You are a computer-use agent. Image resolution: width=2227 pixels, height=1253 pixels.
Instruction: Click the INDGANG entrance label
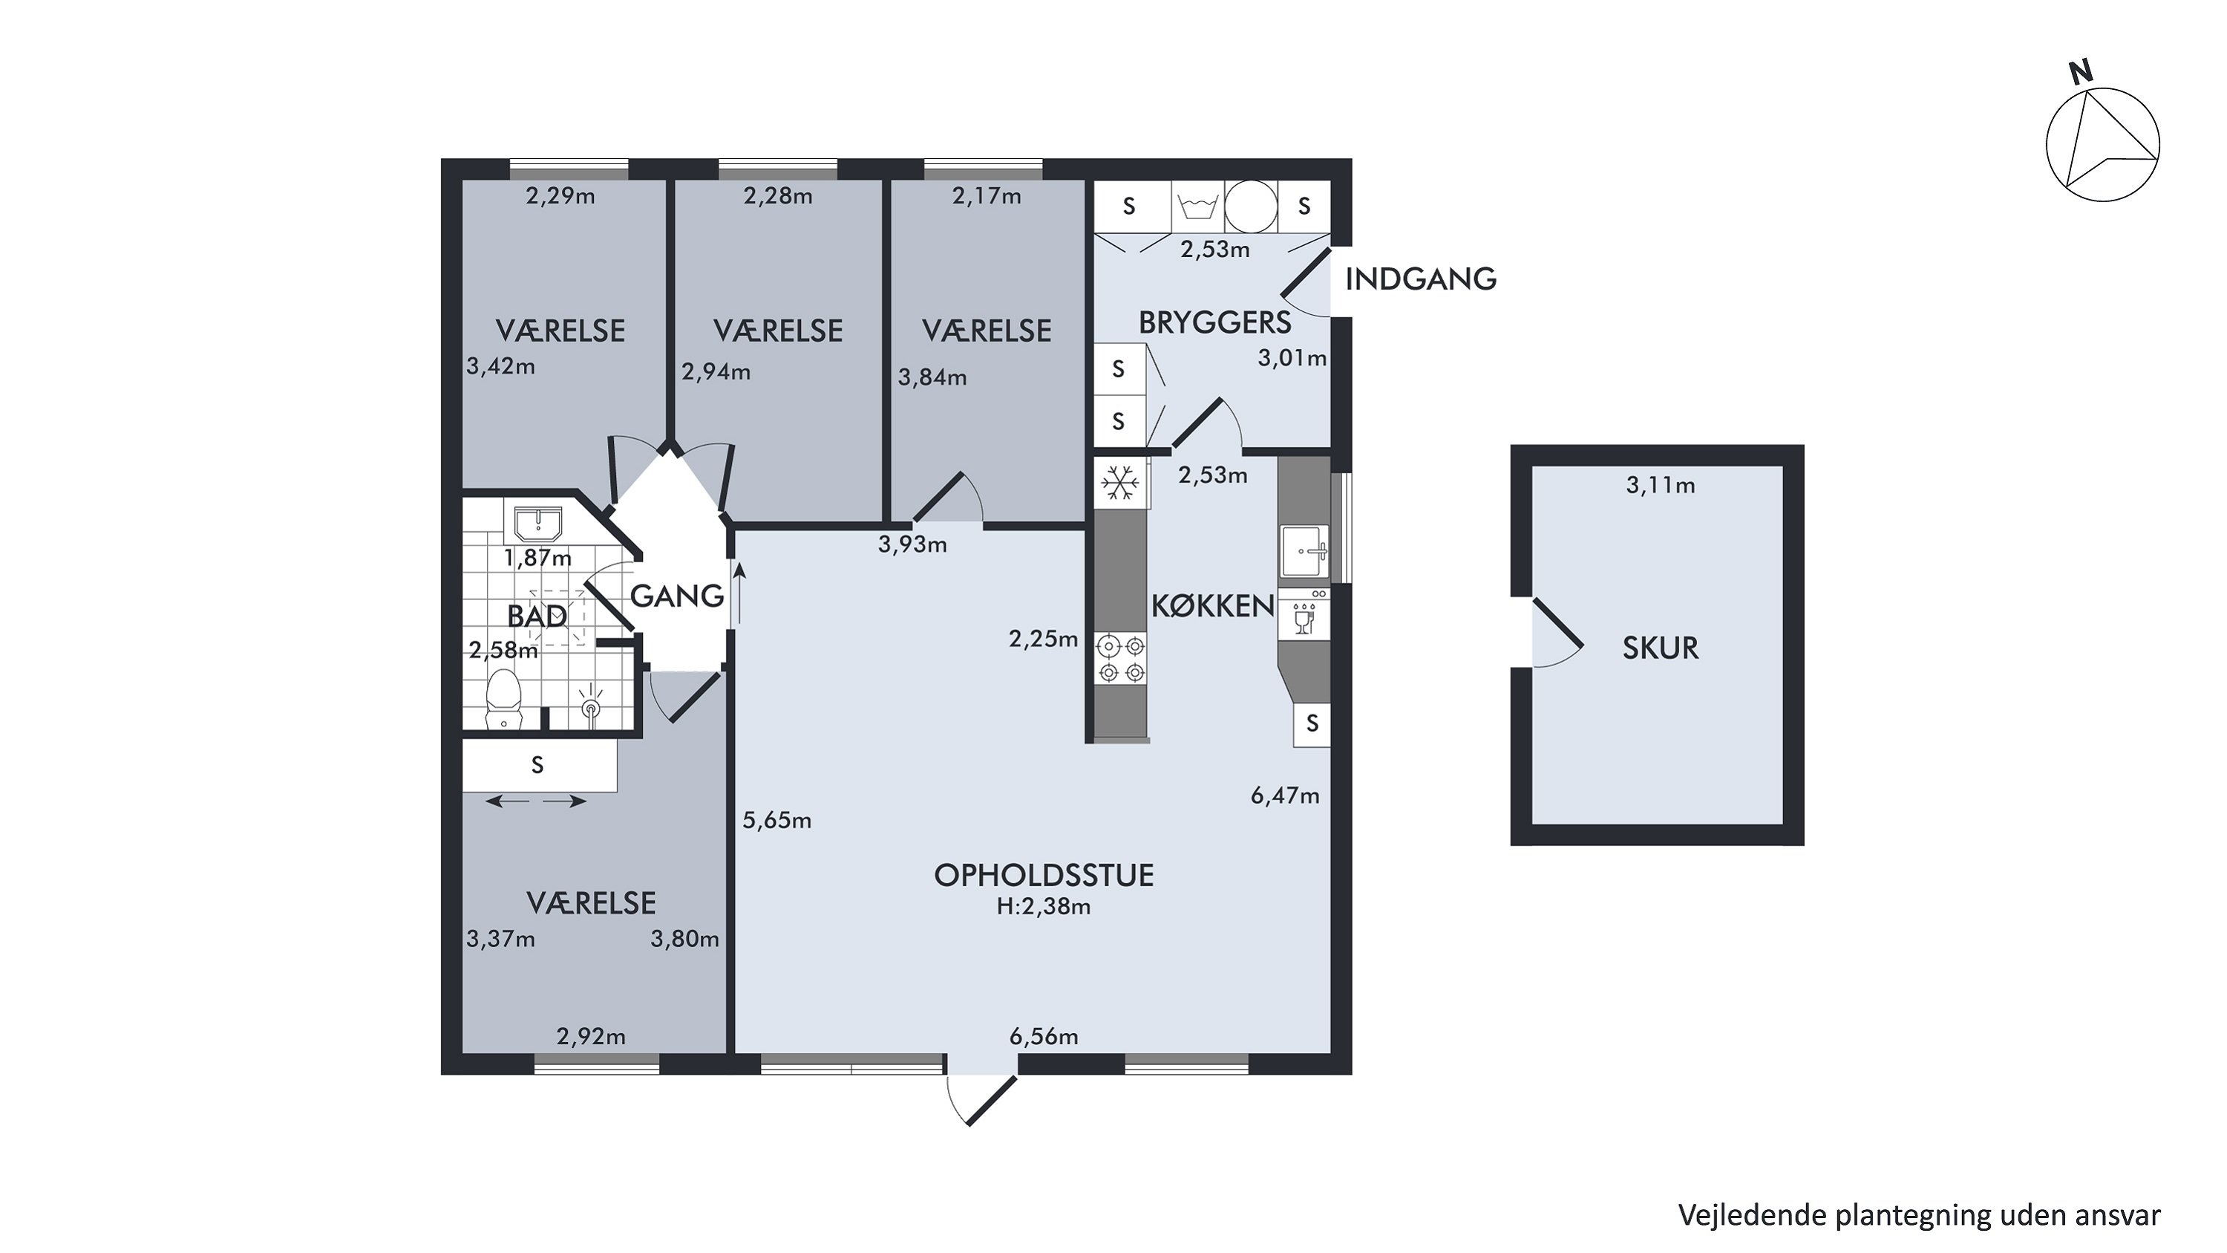(x=1420, y=279)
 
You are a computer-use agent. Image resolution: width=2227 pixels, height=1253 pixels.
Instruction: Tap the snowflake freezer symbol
(x=1120, y=484)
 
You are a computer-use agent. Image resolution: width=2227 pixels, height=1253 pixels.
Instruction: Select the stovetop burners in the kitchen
(x=1120, y=659)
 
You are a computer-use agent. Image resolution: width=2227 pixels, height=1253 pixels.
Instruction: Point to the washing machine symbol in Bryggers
(x=1197, y=206)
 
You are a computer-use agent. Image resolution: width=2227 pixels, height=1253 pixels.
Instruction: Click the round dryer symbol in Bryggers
(x=1250, y=206)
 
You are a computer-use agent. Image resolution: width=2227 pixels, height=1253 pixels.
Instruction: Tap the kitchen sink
(x=1304, y=551)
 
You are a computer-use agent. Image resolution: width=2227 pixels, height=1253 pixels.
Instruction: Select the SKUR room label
(x=1660, y=648)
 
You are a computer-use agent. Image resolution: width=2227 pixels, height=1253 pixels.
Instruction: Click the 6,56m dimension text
(x=1044, y=1036)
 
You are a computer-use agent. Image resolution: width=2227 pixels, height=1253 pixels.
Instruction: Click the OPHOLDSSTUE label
(x=1044, y=875)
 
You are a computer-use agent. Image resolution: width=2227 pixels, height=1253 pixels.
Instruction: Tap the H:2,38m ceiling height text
(x=1044, y=906)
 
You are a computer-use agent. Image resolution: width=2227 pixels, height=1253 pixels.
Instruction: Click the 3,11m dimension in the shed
(x=1660, y=485)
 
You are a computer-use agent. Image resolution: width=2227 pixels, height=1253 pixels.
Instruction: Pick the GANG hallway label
(x=677, y=596)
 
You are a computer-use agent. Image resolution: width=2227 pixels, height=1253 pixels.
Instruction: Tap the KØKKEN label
(x=1213, y=606)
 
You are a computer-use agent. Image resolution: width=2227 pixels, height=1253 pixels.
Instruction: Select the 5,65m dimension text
(x=777, y=820)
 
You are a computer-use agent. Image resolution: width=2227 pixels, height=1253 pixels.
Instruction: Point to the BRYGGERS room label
(x=1214, y=322)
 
